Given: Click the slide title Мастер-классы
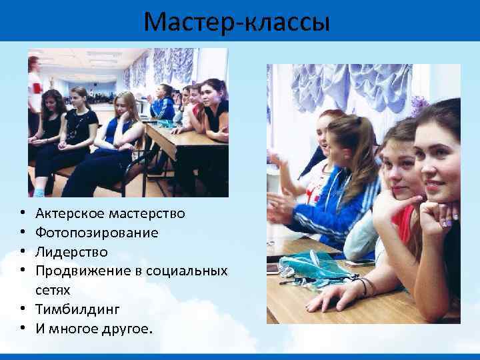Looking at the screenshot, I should (x=237, y=22).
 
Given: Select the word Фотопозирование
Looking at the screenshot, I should (x=97, y=233).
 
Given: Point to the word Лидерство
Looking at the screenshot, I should (x=71, y=253).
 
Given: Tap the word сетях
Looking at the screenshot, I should (x=53, y=291).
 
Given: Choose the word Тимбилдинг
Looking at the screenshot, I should (x=77, y=310).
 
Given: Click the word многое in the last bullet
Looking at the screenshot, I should (x=73, y=329).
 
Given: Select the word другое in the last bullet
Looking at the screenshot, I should (x=127, y=329).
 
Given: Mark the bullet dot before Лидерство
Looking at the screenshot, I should (x=23, y=253).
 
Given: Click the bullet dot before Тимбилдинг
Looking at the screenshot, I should (x=23, y=310).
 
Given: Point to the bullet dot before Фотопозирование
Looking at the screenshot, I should (x=23, y=233).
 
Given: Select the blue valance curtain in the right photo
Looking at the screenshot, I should (x=347, y=83).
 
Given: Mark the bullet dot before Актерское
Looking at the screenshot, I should (x=23, y=214).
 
